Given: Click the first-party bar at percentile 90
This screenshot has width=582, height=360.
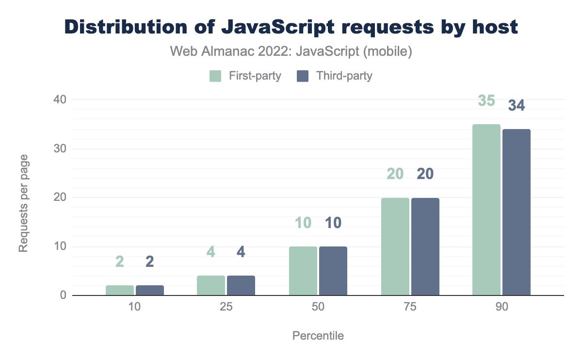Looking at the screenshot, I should click(x=486, y=210).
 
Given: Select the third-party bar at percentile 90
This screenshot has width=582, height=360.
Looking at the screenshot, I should click(x=517, y=212).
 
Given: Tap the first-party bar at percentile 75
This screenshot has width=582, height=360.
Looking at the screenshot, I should click(x=395, y=246).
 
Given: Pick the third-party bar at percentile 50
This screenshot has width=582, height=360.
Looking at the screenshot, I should click(x=333, y=271).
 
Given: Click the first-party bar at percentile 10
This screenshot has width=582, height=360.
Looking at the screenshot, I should click(x=120, y=290).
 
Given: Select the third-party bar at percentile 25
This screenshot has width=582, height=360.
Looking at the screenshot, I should click(x=241, y=285).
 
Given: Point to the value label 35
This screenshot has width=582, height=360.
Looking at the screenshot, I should click(x=486, y=101).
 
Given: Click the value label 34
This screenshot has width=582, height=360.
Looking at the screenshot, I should click(x=517, y=105).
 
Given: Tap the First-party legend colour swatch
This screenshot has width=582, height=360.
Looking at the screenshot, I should click(x=215, y=76).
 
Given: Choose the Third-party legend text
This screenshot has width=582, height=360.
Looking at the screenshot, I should click(x=344, y=76).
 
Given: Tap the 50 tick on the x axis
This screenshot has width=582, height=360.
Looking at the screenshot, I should click(x=318, y=308).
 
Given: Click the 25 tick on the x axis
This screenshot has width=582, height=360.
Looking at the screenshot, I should click(x=226, y=308).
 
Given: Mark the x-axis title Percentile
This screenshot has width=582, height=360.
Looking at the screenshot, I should click(x=318, y=336).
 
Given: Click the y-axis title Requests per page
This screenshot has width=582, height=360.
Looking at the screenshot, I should click(x=23, y=203).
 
